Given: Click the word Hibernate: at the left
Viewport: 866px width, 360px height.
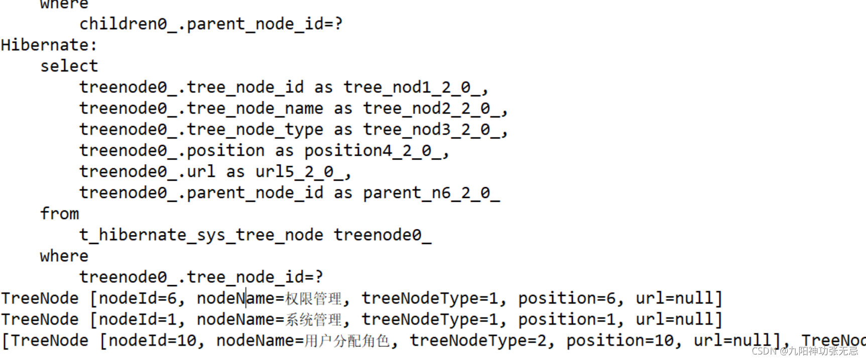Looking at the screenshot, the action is (49, 45).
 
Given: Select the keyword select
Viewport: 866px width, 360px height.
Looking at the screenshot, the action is (69, 66).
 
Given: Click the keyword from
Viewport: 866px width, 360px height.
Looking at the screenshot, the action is (59, 214).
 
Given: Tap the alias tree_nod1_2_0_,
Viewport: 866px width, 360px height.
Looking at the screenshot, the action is (416, 87).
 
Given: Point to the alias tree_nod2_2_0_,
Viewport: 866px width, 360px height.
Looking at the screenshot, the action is (435, 108).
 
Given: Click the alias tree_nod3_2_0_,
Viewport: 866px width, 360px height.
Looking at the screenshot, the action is (435, 130).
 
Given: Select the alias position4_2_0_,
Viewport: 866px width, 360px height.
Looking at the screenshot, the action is (376, 151).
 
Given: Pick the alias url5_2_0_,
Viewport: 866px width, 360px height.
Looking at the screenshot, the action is (303, 172).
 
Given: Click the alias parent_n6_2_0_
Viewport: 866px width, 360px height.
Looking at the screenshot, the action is (431, 193).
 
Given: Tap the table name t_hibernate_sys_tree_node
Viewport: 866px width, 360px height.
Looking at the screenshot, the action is (201, 235).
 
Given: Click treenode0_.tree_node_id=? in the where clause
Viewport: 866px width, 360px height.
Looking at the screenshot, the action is (201, 277).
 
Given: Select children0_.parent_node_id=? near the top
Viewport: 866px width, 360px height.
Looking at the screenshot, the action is (211, 24).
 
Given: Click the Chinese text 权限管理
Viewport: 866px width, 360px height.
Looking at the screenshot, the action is (313, 299).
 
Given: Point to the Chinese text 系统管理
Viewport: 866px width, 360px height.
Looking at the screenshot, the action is (313, 320).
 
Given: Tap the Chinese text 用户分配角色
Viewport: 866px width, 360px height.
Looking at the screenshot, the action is (347, 341).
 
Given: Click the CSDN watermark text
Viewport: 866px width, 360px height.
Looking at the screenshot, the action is (805, 350).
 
